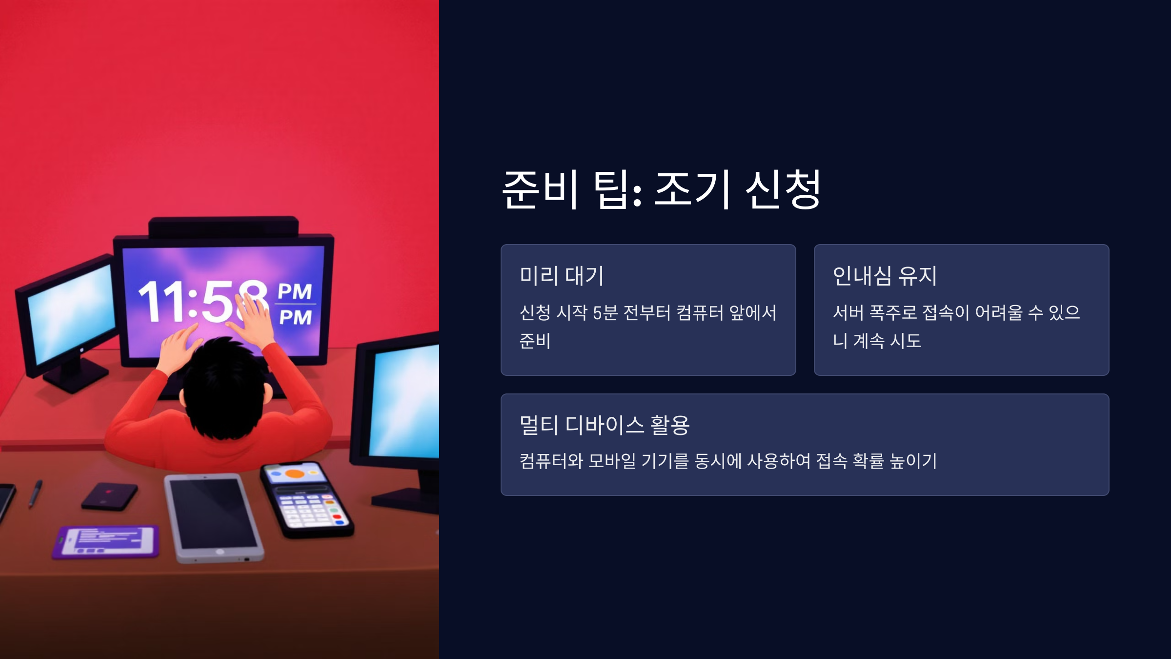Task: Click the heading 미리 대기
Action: tap(562, 276)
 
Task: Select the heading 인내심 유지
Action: tap(885, 276)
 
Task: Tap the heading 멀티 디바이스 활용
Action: tap(605, 425)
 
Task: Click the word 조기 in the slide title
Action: tap(692, 189)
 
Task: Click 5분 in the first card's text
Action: tap(605, 313)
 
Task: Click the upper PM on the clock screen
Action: tap(295, 291)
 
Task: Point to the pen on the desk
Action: tap(35, 493)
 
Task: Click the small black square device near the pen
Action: tap(109, 496)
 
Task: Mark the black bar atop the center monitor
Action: tap(223, 227)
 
